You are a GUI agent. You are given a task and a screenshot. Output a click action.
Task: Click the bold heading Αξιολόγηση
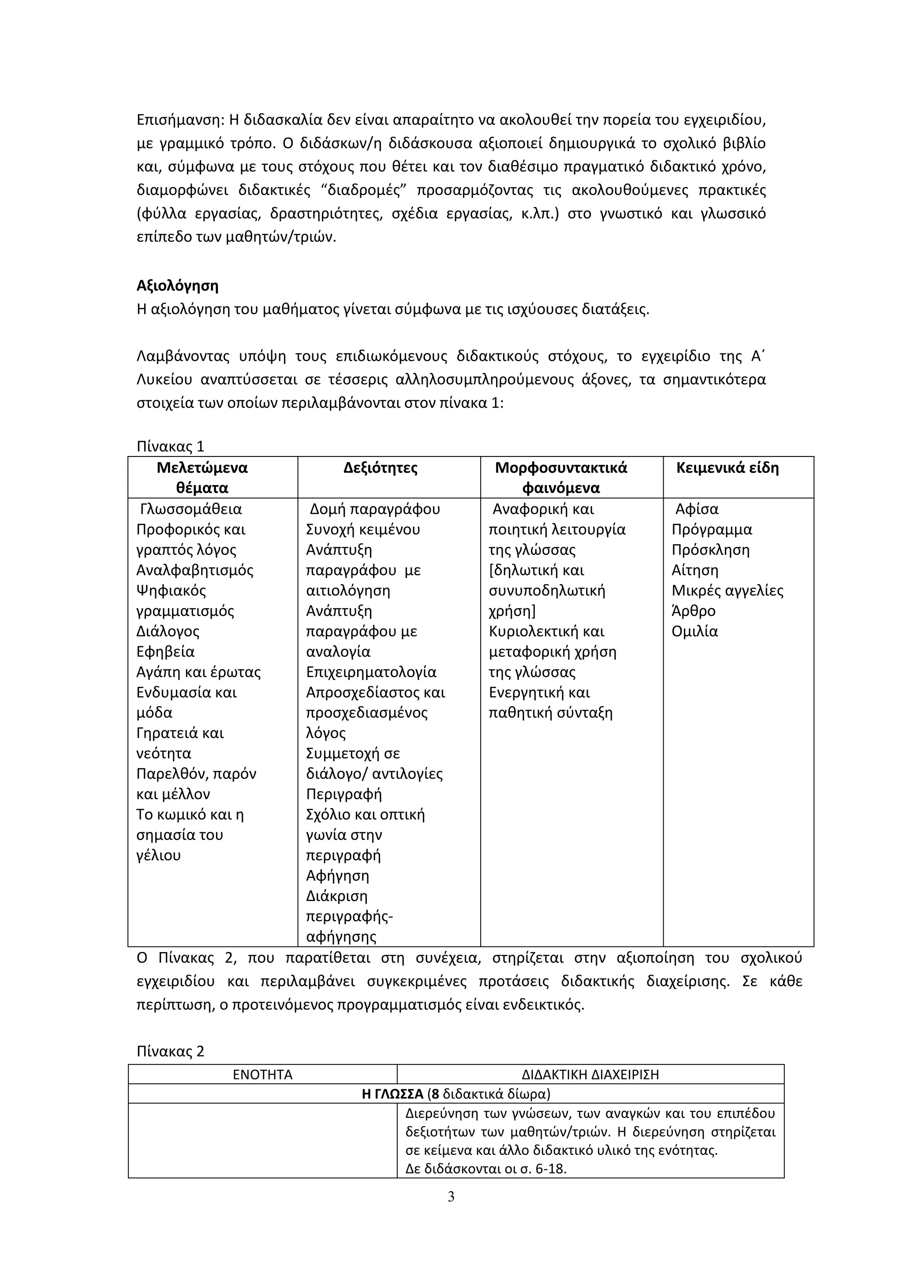[x=177, y=286]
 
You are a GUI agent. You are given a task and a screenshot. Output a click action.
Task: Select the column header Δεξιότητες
[x=381, y=468]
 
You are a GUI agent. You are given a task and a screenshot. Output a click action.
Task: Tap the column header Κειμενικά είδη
[x=727, y=468]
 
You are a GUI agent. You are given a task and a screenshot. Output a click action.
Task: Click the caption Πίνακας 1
[x=170, y=446]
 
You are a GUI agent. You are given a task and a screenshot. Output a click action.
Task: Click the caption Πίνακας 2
[x=170, y=1051]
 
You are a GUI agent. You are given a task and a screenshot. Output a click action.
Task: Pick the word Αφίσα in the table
[x=697, y=509]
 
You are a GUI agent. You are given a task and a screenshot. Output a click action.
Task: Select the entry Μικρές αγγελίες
[x=727, y=590]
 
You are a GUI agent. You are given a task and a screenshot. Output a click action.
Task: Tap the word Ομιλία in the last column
[x=694, y=631]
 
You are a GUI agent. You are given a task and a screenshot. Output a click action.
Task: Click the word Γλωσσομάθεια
[x=191, y=509]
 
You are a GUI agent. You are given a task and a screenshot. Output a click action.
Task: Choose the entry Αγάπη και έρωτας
[x=198, y=672]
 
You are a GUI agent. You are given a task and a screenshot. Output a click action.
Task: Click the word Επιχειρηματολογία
[x=371, y=672]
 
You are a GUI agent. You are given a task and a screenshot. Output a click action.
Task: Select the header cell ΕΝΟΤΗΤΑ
[x=262, y=1074]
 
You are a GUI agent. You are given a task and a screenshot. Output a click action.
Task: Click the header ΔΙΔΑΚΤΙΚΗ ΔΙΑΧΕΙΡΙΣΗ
[x=590, y=1074]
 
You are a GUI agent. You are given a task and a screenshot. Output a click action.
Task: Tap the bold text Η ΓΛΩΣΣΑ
[x=392, y=1094]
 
